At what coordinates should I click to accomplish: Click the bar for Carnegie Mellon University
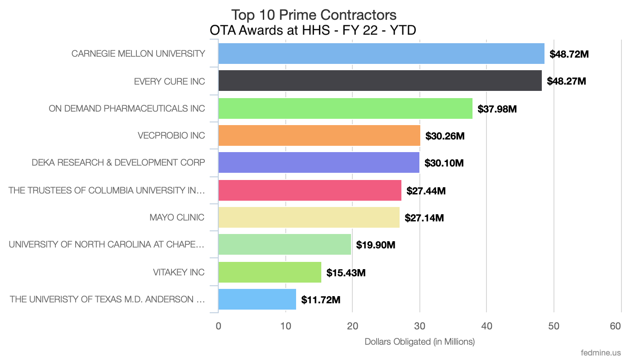coord(381,54)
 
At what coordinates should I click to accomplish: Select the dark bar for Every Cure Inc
coord(380,81)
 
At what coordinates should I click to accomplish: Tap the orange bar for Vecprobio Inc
coord(319,135)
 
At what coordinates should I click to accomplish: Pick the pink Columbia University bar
coord(310,190)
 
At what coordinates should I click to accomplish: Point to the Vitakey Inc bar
coord(270,272)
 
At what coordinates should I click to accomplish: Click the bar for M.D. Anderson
coord(257,299)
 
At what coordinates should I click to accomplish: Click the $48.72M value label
coord(569,54)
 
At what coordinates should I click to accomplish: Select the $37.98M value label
coord(497,108)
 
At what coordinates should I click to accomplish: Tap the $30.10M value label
coord(444,163)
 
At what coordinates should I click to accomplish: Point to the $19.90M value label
coord(376,245)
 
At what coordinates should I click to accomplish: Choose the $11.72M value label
coord(321,299)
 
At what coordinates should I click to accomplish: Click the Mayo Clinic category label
coord(177,217)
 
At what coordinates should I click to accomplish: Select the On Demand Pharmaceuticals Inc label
coord(127,108)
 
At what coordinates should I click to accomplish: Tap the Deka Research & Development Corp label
coord(118,162)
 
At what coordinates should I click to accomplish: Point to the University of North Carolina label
coord(107,244)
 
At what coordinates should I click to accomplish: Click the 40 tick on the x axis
coord(486,326)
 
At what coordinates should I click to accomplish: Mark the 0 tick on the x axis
coord(219,326)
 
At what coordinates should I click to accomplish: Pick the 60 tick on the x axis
coord(615,326)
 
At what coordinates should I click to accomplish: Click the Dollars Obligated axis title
coord(419,342)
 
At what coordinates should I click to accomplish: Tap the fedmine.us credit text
coord(601,351)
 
